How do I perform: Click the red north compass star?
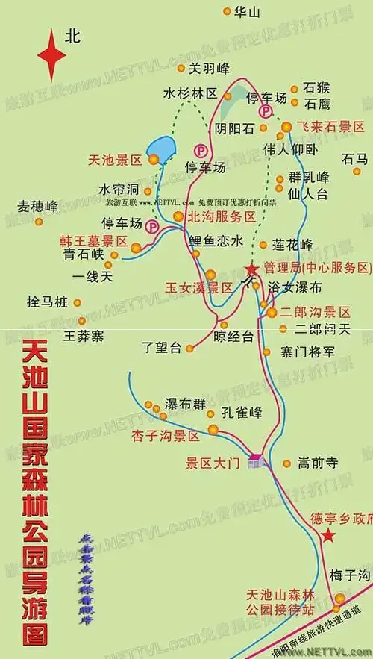point(51,54)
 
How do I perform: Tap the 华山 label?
point(248,13)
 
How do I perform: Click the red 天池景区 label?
point(114,160)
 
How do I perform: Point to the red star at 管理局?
point(251,269)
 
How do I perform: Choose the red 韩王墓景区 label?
point(94,242)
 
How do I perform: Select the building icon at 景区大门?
point(257,461)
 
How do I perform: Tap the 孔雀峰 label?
point(242,412)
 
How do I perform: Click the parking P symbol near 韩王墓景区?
point(152,225)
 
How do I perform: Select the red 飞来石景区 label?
point(329,126)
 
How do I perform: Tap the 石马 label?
point(356,159)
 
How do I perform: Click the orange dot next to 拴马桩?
point(79,303)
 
